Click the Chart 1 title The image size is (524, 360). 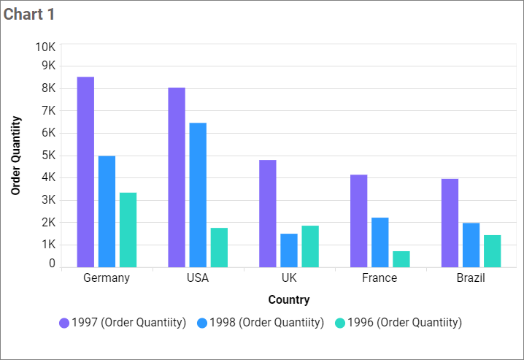29,14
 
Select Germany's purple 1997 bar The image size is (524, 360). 85,172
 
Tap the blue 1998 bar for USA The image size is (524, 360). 198,194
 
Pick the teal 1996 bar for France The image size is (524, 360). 401,258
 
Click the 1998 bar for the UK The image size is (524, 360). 289,250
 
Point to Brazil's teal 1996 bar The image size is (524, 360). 492,250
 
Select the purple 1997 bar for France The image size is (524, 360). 358,221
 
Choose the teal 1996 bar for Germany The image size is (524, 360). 128,229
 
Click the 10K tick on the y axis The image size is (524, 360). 45,47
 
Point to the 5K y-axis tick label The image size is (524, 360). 47,156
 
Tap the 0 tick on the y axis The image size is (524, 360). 52,264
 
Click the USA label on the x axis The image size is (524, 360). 198,278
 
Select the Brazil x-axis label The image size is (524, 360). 471,278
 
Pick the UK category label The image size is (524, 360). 289,278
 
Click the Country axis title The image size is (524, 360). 289,299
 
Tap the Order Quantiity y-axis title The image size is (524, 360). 15,156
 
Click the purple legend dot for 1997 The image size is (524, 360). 64,323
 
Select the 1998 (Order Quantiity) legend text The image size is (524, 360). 266,323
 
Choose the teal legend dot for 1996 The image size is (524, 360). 339,323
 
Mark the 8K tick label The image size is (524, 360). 47,88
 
